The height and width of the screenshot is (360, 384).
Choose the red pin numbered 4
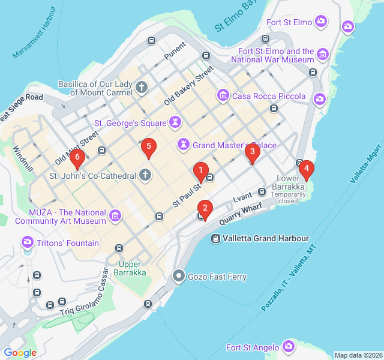(x=307, y=169)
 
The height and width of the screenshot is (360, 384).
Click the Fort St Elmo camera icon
(x=322, y=22)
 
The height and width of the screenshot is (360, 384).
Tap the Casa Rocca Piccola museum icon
(x=223, y=95)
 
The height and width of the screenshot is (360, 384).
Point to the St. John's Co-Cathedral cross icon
(x=145, y=176)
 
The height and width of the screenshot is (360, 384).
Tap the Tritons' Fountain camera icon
(x=27, y=243)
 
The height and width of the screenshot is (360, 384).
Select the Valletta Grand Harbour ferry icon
(x=215, y=238)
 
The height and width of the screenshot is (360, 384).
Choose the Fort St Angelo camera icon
(x=289, y=347)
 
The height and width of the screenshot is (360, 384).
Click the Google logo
(x=20, y=353)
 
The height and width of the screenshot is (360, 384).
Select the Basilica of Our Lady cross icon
(x=142, y=88)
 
